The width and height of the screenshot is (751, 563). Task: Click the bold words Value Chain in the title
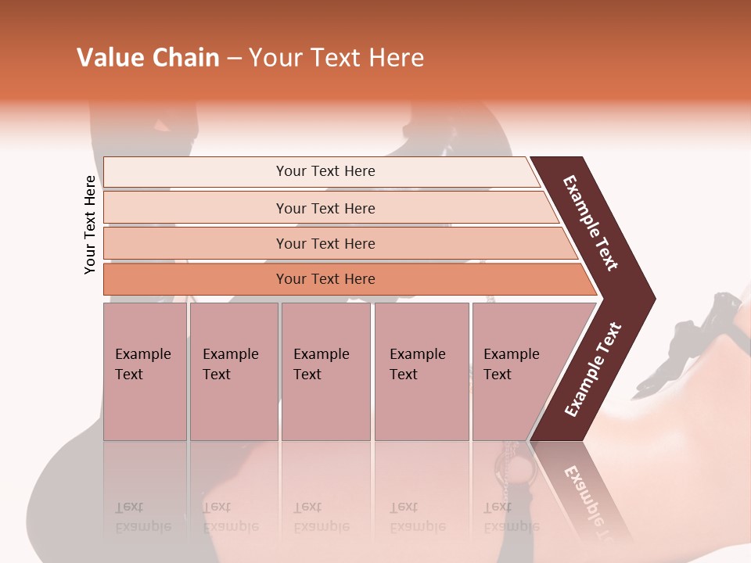(148, 58)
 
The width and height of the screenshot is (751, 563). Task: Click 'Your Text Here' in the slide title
(336, 58)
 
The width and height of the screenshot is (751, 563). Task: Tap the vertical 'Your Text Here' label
(90, 224)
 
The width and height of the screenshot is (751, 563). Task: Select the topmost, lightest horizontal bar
(325, 171)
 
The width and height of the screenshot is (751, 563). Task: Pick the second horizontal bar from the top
(325, 208)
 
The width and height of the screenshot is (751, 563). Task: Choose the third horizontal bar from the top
(325, 243)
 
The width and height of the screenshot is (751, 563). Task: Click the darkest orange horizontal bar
(325, 279)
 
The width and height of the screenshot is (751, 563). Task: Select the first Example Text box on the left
(145, 371)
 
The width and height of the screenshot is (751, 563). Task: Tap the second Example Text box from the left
(233, 371)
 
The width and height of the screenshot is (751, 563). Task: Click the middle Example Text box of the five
(325, 371)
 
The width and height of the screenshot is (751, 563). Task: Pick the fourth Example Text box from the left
(421, 371)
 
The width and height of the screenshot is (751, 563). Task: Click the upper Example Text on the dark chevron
(591, 223)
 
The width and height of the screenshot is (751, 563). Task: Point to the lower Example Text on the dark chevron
(592, 370)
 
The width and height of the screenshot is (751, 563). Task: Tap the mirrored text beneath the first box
(142, 517)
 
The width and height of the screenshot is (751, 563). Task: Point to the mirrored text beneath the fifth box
(511, 517)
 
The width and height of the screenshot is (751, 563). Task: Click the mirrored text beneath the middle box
(321, 517)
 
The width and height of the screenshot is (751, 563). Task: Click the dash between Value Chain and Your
(234, 59)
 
